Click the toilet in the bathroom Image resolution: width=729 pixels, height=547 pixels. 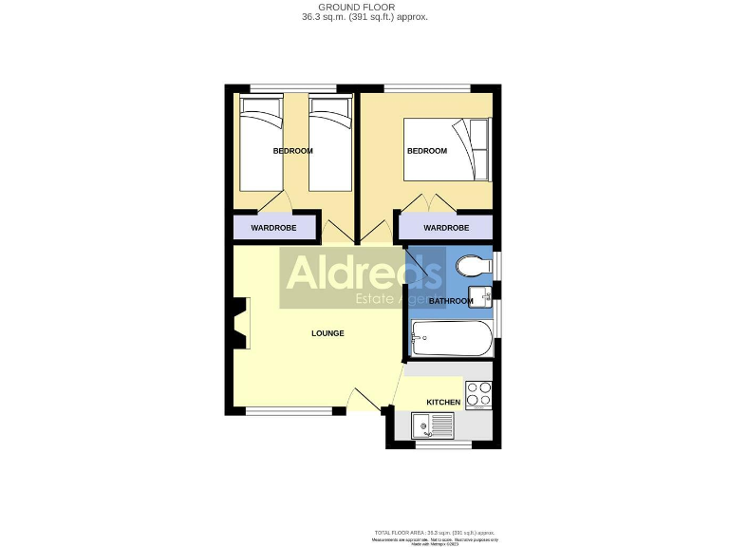click(x=471, y=265)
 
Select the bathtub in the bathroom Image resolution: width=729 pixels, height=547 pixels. click(x=452, y=338)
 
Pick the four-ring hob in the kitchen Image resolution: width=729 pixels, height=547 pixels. click(x=478, y=392)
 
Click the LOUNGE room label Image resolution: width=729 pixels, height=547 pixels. click(x=327, y=333)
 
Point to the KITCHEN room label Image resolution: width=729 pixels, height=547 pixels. click(x=443, y=403)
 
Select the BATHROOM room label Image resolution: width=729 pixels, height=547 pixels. click(x=450, y=301)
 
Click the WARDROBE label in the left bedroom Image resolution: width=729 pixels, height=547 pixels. click(x=273, y=228)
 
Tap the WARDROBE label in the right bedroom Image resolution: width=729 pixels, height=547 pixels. click(x=446, y=228)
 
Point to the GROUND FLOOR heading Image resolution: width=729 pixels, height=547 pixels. click(x=364, y=7)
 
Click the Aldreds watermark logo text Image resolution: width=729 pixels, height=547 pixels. click(x=364, y=274)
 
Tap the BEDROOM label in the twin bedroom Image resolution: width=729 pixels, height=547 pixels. click(x=293, y=151)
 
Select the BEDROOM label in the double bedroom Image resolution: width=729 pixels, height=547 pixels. click(x=427, y=151)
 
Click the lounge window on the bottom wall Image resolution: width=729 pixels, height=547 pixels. click(x=289, y=411)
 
